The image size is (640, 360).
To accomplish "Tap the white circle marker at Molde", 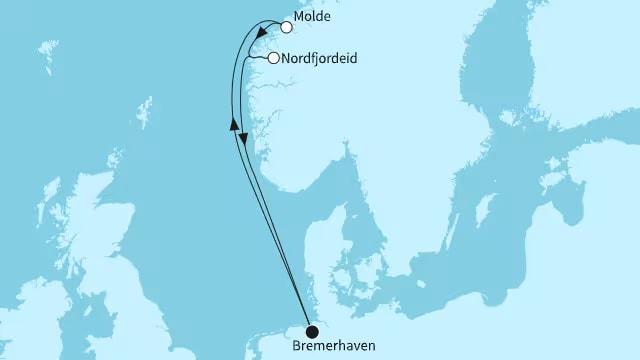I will click(x=287, y=28).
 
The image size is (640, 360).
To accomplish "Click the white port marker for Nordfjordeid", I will click(x=273, y=59).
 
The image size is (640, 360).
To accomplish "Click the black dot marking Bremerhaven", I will click(x=312, y=331).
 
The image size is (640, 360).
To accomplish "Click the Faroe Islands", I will click(x=46, y=50).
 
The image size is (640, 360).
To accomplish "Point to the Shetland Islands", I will click(x=145, y=108).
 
